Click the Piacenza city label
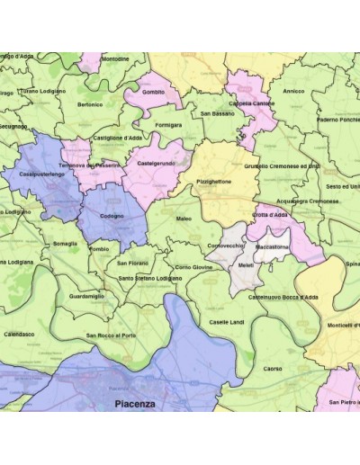[x=135, y=404]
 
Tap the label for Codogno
[x=112, y=217]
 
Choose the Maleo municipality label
[x=184, y=219]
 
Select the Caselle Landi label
[x=226, y=322]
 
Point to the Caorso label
[x=272, y=368]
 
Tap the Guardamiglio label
[x=86, y=296]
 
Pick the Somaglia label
[x=65, y=244]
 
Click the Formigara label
[x=168, y=125]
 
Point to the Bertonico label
[x=90, y=104]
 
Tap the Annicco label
[x=293, y=91]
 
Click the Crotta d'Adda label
[x=269, y=216]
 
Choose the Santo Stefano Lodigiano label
[x=150, y=278]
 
